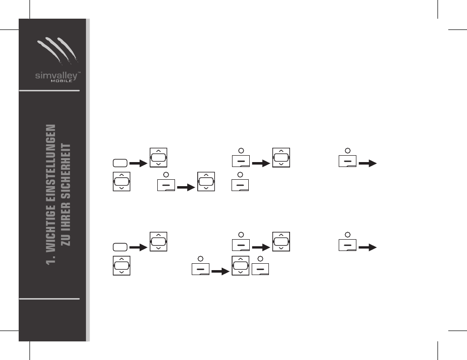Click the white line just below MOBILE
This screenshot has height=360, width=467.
pyautogui.click(x=49, y=91)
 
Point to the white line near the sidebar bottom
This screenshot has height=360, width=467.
pyautogui.click(x=49, y=298)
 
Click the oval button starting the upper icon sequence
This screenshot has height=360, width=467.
pyautogui.click(x=119, y=162)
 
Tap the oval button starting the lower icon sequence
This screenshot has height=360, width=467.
pyautogui.click(x=119, y=247)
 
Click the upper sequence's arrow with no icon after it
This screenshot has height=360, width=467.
pyautogui.click(x=368, y=162)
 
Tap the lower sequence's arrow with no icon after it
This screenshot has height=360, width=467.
pyautogui.click(x=368, y=247)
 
